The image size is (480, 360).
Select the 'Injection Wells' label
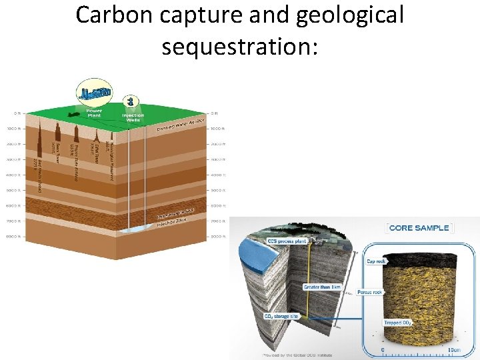133,117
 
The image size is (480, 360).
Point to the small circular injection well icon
133,101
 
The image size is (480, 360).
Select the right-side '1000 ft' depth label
217,128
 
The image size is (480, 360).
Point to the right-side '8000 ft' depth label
217,237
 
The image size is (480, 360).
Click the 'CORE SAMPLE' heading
419,228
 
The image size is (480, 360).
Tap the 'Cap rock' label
375,261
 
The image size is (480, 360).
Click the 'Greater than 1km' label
321,287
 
